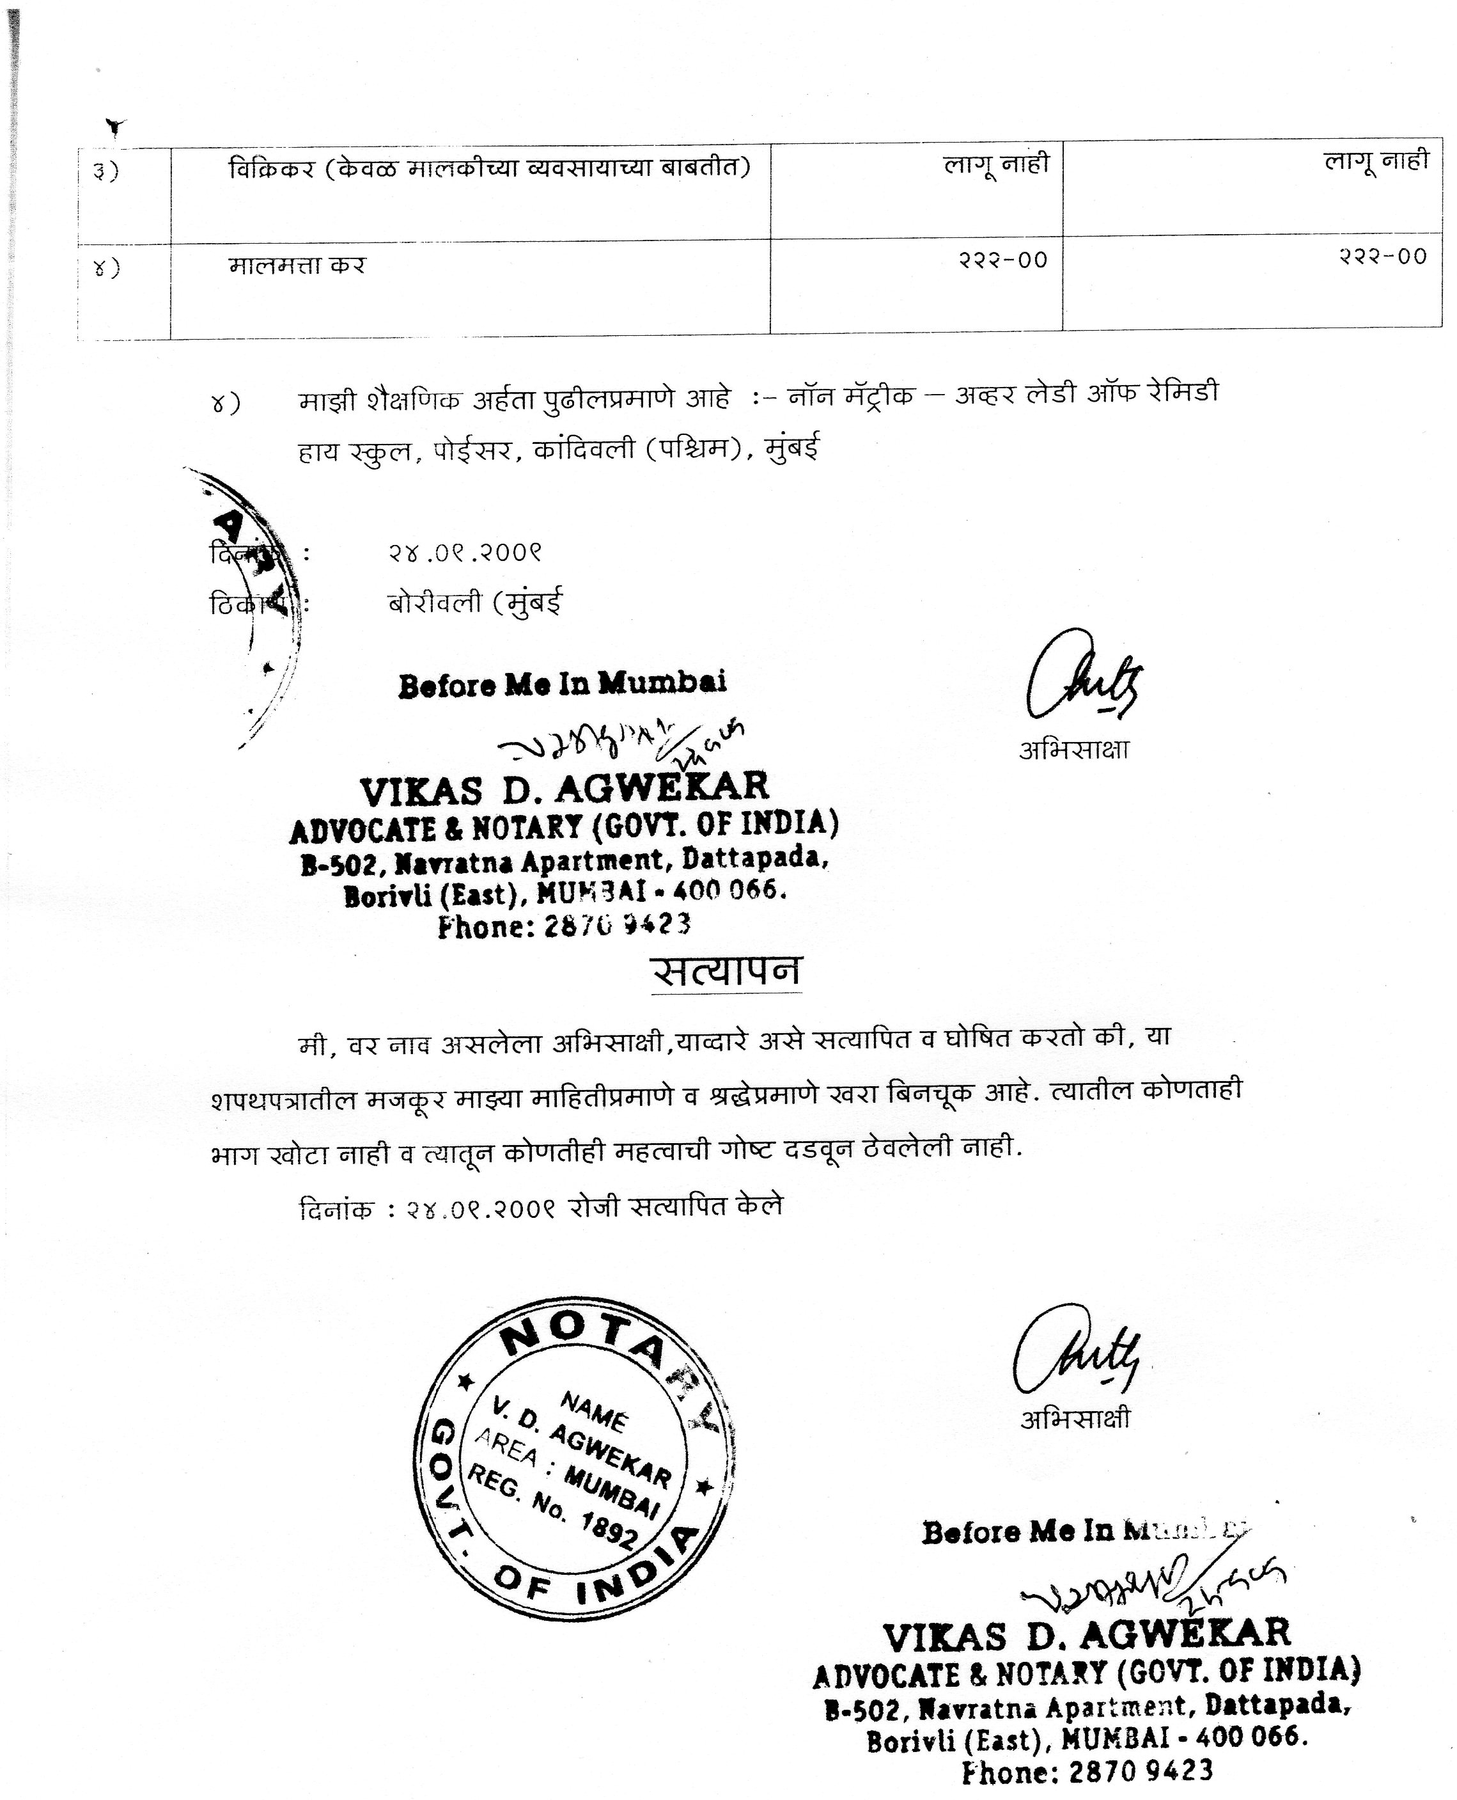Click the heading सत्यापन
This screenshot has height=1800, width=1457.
tap(727, 972)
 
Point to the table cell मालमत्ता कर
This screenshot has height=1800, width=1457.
tap(297, 266)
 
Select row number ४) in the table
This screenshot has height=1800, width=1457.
tap(105, 269)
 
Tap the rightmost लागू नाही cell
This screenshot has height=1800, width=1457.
tap(1376, 161)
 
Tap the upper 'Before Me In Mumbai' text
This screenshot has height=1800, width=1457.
tap(563, 684)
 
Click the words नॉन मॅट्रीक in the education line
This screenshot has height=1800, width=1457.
tap(850, 394)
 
